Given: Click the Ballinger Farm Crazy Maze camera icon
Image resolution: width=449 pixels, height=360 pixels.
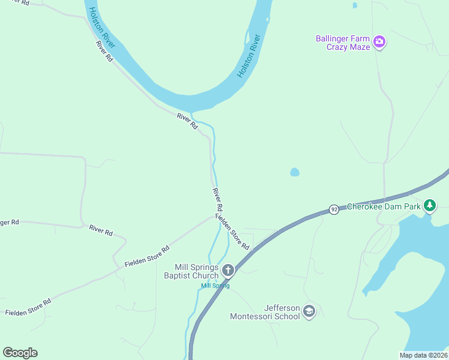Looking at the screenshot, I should [379, 42].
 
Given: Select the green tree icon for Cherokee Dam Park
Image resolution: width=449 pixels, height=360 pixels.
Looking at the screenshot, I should [429, 206].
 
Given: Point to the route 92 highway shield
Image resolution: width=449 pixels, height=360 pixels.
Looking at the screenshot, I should [334, 209].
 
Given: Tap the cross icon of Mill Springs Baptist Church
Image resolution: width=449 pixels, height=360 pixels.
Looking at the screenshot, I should [228, 271].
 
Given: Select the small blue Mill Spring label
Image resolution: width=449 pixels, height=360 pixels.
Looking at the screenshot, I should [215, 286].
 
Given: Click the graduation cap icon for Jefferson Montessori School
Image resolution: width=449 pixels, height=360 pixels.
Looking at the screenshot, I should [309, 311].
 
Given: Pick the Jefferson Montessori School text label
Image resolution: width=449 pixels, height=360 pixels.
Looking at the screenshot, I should [265, 312].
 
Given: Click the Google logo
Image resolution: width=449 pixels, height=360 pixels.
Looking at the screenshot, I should [20, 353].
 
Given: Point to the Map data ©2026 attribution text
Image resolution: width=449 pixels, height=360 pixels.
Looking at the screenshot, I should [423, 355].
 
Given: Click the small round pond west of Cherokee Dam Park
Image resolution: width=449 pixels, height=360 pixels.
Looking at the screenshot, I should [295, 172].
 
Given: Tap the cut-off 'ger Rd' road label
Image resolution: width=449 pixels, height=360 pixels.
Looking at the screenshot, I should [10, 222].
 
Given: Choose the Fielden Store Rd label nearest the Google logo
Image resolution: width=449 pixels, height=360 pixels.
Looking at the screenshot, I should [28, 306].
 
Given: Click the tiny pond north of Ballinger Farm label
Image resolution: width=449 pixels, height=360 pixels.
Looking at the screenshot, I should [355, 5].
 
